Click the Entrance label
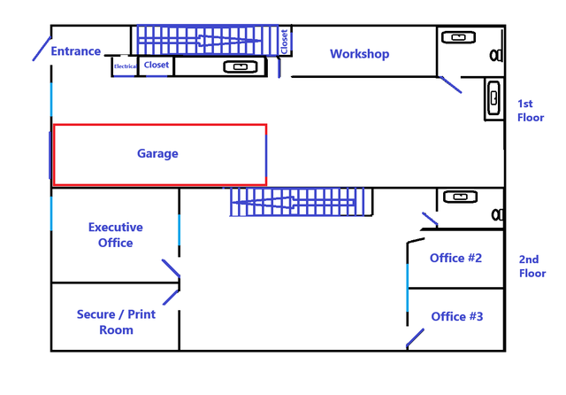(x=75, y=51)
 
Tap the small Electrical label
(x=125, y=66)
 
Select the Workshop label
(x=359, y=54)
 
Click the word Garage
(x=157, y=153)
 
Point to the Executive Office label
(x=116, y=235)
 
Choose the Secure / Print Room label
(x=116, y=321)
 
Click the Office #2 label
(x=455, y=258)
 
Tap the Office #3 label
(x=457, y=316)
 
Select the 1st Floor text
(x=531, y=110)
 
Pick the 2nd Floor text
(x=532, y=266)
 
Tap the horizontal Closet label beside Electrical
(x=157, y=65)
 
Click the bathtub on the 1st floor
(x=493, y=98)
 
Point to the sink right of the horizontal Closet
(x=240, y=66)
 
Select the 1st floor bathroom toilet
(x=497, y=55)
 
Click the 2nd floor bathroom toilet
(x=497, y=214)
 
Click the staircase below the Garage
(x=296, y=203)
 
